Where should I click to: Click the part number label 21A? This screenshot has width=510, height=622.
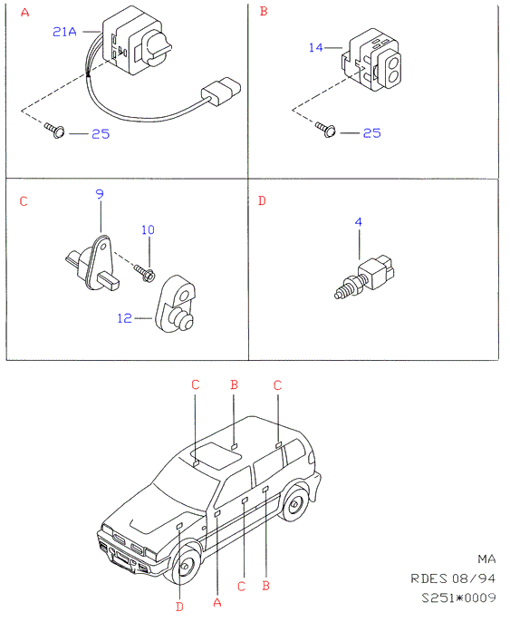[64, 32]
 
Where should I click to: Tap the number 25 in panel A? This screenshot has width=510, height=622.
[101, 134]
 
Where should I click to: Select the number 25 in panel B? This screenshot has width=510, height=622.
[372, 133]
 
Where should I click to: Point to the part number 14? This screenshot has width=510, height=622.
[316, 47]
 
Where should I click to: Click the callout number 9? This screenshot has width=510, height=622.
[100, 194]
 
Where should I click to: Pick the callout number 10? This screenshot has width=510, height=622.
[148, 229]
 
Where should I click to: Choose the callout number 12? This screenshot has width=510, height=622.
[124, 318]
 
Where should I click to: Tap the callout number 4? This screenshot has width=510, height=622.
[358, 222]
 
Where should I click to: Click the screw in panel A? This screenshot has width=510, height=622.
[54, 130]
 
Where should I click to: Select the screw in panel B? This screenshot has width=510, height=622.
[326, 129]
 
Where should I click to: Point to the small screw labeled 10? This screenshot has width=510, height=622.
[144, 273]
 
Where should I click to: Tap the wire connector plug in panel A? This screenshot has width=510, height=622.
[221, 92]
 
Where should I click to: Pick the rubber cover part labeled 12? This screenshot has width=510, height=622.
[175, 304]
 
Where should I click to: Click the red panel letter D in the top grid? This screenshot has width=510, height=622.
[262, 200]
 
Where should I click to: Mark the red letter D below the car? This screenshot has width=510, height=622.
[179, 607]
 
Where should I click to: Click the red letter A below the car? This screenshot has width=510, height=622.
[217, 603]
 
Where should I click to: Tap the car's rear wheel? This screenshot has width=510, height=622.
[294, 504]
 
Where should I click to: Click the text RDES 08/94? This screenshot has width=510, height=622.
[453, 578]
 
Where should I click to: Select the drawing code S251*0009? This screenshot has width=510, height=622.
[458, 598]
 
